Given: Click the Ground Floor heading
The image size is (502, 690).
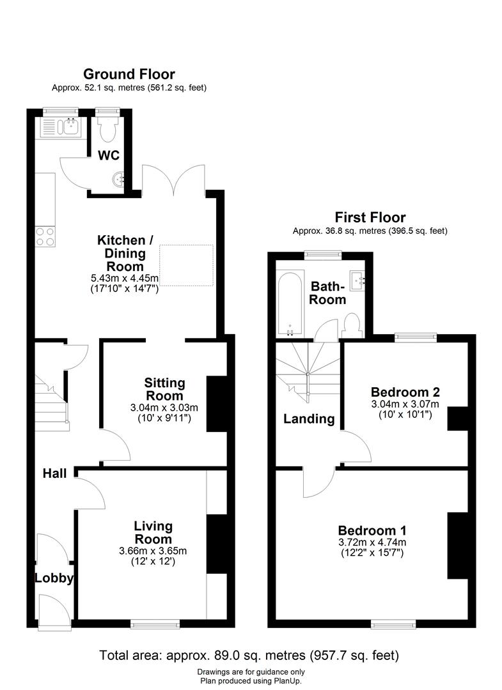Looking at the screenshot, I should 129,75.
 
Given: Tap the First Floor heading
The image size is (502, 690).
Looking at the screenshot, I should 370,218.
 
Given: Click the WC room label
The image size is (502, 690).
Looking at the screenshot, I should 108,155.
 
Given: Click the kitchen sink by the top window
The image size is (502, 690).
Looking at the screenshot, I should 59,128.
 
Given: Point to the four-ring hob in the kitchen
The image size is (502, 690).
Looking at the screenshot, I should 45,237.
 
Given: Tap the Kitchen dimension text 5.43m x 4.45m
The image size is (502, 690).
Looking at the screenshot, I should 125,279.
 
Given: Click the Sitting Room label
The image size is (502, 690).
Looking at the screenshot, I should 164,389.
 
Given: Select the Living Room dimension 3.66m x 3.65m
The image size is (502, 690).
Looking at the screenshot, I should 153,551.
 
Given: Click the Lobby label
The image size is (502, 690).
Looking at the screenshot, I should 54,579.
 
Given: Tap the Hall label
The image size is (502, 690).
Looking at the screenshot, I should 56,473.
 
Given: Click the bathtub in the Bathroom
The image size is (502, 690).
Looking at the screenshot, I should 290,303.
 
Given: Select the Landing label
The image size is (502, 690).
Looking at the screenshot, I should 310,419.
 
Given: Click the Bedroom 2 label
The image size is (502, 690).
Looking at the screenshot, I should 405,392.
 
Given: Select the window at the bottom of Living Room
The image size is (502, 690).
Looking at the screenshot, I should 155,622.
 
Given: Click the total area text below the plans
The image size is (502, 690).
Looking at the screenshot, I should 249,655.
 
